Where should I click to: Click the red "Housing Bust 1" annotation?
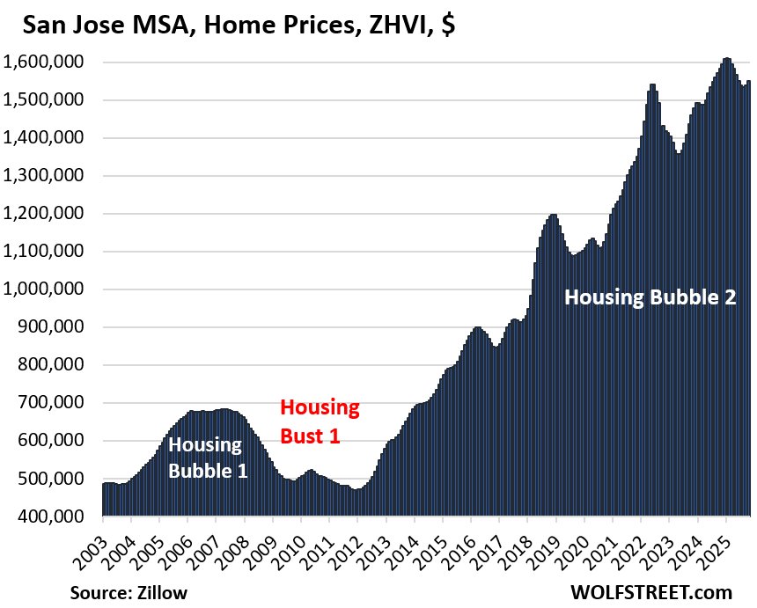[x=320, y=421]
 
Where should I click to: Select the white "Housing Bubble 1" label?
[x=208, y=457]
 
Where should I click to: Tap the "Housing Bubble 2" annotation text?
[x=650, y=297]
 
